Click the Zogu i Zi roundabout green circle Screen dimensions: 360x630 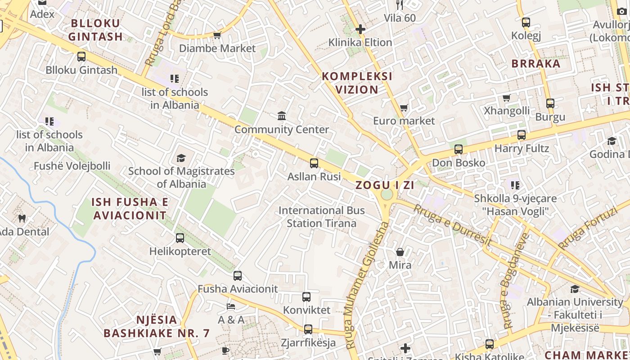(387, 194)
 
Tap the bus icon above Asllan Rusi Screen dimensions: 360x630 (314, 163)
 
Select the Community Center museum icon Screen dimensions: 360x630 (282, 116)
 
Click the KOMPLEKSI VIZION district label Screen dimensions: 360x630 (357, 83)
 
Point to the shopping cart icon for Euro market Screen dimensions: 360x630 (404, 108)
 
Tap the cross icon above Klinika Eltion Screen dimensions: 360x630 (360, 29)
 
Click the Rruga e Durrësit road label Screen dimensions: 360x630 (452, 225)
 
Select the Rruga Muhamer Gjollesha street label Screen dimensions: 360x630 (366, 285)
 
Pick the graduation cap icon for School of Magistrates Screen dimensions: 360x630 (181, 158)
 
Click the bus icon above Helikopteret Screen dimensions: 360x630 (180, 238)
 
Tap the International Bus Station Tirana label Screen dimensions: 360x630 (321, 216)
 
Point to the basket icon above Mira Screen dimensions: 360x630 (400, 252)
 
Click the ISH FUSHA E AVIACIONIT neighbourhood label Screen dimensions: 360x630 (130, 208)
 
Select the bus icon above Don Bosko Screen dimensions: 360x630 (459, 149)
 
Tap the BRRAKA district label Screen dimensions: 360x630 (536, 63)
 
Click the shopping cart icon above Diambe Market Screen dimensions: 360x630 (217, 35)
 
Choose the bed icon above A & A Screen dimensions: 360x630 (230, 306)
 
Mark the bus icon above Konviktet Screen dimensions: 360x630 (306, 297)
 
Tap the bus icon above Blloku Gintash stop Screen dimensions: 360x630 (81, 57)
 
